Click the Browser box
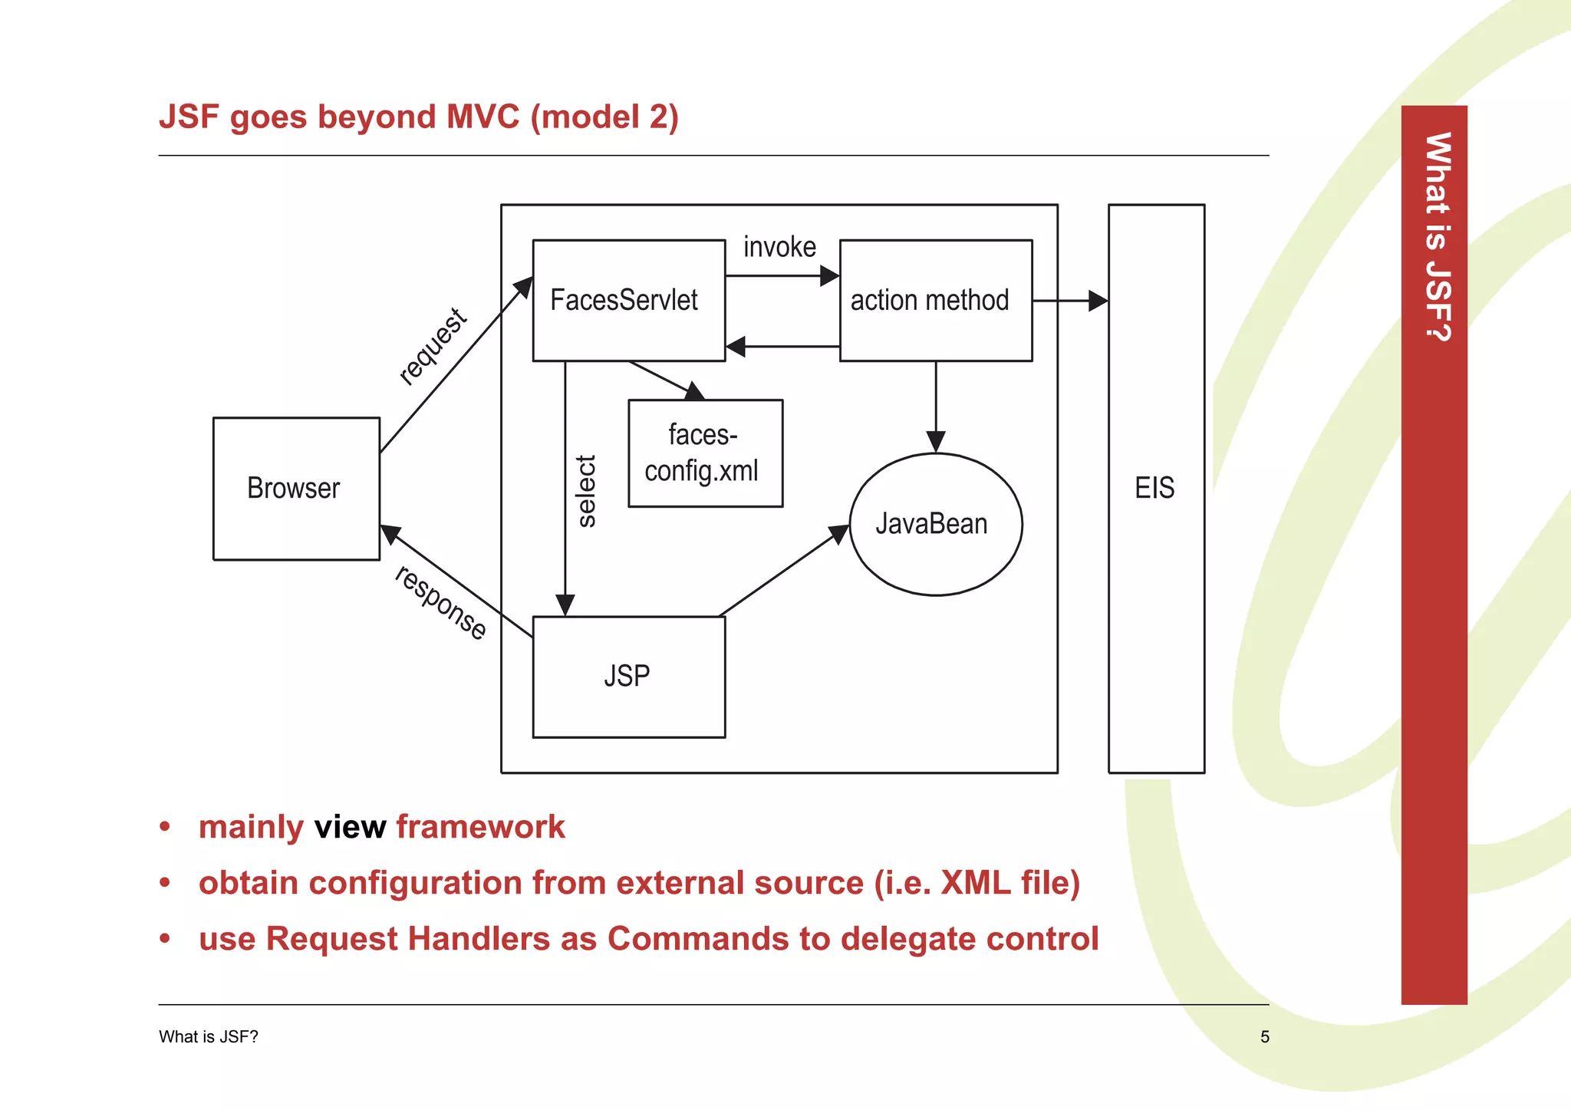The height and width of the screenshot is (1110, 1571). coord(296,489)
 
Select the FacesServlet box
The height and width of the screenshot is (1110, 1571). coord(628,300)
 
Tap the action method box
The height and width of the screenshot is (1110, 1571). coord(935,300)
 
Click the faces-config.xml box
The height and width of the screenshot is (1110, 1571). coord(704,453)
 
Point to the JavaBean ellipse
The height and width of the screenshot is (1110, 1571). coord(935,524)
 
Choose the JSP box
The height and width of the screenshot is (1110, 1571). coord(628,677)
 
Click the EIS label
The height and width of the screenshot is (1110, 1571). coord(1154,488)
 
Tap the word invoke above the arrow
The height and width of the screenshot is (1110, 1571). coord(779,247)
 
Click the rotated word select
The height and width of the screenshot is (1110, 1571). coord(586,491)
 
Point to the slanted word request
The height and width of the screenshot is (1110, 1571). coord(433,346)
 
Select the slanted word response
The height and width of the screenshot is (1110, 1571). coord(440,602)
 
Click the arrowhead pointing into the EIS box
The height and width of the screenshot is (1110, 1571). coord(1098,301)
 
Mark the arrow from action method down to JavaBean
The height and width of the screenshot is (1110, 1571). coord(935,407)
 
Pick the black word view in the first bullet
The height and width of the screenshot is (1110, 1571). coord(350,827)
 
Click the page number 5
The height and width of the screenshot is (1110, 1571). coord(1264,1037)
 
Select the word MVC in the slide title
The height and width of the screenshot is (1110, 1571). coord(482,117)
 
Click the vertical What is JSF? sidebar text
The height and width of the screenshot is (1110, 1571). coord(1436,236)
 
